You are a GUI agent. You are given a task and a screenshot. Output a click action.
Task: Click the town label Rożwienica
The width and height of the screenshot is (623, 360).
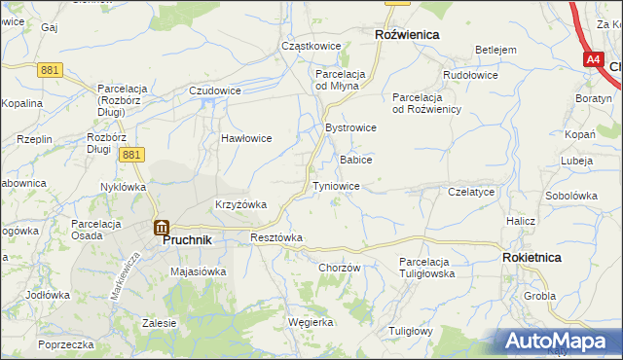(x=407, y=34)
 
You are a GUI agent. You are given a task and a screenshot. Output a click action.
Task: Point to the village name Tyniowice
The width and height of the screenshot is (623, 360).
(x=337, y=186)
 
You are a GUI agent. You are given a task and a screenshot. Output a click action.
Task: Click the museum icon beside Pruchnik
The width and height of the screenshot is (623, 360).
(x=161, y=228)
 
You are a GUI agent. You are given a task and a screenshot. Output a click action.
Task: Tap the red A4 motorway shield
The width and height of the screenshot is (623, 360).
(x=594, y=59)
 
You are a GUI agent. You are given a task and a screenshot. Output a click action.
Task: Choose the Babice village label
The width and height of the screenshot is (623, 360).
(x=355, y=159)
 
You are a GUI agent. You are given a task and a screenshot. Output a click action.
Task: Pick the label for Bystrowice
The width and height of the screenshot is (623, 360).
(x=350, y=127)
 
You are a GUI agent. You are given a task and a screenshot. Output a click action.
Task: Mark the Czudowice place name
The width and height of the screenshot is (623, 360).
(x=215, y=90)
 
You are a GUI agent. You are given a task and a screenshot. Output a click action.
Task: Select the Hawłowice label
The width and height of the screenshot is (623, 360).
(x=246, y=138)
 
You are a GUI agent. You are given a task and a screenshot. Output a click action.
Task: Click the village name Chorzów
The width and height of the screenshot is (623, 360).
(x=340, y=268)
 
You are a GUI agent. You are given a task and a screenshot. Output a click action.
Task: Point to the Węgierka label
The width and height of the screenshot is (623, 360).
(x=311, y=321)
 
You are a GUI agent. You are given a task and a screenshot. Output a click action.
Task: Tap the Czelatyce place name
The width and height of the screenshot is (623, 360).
(x=472, y=193)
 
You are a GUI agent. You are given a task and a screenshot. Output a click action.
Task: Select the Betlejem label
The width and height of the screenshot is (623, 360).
(x=495, y=50)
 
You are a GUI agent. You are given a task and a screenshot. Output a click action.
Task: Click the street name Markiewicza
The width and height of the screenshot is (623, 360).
(x=128, y=275)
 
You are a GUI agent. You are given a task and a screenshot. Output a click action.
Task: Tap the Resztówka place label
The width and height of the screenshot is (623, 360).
(x=276, y=237)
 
